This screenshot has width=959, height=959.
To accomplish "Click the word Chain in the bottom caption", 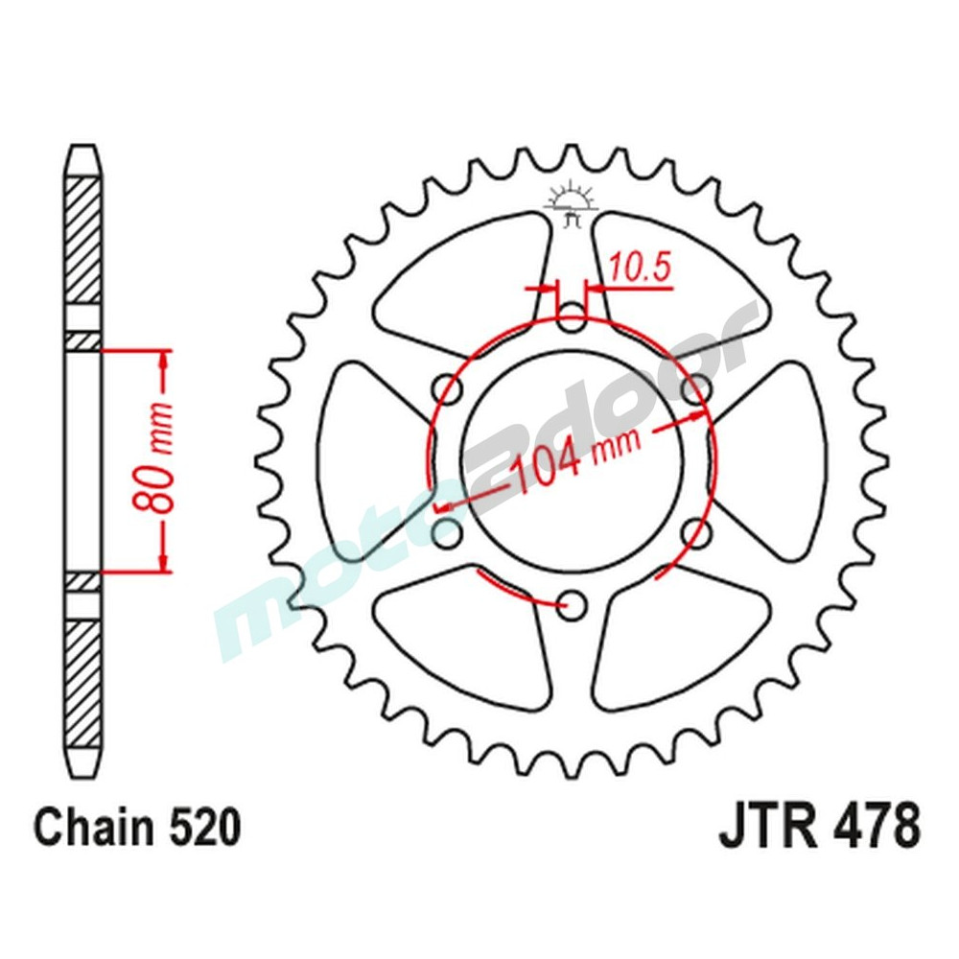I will click(91, 827).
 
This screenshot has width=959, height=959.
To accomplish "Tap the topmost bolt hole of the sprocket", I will click(573, 317).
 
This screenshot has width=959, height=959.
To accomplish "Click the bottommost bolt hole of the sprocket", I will click(573, 603).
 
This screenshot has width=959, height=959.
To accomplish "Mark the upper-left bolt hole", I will click(448, 389).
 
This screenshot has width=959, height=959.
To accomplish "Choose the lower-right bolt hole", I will click(697, 531).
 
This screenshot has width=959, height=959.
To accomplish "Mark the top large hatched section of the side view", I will click(82, 240).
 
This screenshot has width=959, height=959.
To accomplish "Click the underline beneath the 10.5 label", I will click(638, 286).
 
